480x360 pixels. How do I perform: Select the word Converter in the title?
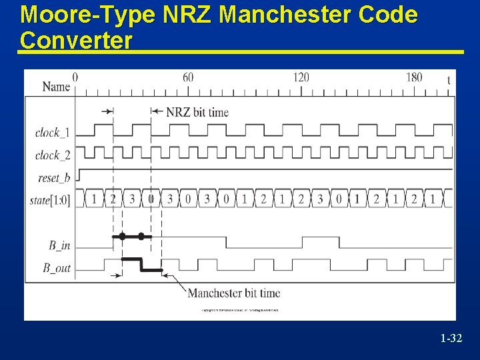(76, 40)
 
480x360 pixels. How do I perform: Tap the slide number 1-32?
(451, 339)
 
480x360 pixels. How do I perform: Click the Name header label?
(56, 86)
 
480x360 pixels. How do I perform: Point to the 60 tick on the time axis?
(188, 77)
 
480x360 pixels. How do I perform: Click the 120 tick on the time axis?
(301, 77)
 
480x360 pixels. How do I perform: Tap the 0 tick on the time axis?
(75, 77)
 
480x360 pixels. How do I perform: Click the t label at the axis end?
(448, 80)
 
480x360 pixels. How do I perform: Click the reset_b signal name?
(54, 178)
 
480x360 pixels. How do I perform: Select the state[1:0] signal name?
(50, 199)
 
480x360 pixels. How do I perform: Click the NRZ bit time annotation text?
(197, 112)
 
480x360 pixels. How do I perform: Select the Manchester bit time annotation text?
(233, 293)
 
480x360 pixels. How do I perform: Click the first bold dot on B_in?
(122, 236)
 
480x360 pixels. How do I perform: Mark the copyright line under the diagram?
(240, 310)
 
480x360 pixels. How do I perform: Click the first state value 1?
(94, 198)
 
